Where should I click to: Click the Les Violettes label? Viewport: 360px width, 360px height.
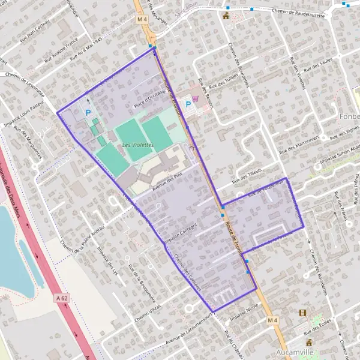(138, 145)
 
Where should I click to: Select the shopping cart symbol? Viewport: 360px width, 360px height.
(196, 98)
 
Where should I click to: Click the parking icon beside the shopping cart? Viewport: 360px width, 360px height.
(188, 104)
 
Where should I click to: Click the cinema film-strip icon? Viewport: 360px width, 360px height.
(302, 313)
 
